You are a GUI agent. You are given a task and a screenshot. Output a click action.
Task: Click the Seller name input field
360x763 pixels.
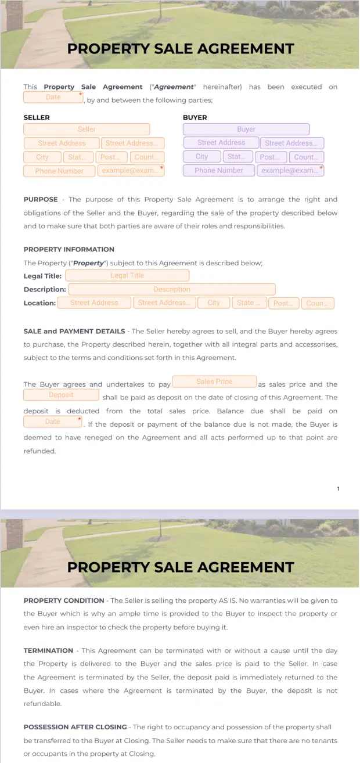click(87, 129)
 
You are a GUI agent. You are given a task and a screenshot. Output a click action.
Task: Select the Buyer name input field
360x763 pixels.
click(246, 129)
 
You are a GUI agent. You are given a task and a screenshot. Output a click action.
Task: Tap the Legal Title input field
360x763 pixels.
click(127, 276)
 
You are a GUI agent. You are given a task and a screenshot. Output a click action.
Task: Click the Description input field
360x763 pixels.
click(171, 289)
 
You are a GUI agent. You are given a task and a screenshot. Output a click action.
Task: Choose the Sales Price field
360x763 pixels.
click(214, 382)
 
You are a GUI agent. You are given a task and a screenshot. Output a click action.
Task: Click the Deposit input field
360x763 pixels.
click(61, 395)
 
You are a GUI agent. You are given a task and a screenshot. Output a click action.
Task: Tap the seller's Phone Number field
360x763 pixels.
click(59, 171)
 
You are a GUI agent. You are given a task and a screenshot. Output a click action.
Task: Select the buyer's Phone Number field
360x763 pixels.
click(218, 171)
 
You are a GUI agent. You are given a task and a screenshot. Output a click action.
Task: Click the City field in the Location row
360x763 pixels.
click(214, 303)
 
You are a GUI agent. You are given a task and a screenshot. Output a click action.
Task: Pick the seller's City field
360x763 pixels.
click(42, 157)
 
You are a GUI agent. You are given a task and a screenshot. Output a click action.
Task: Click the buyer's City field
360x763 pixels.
click(201, 157)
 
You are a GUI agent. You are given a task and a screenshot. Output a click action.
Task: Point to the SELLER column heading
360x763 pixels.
click(37, 117)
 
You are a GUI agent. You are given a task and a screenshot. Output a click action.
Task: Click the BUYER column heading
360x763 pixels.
click(195, 117)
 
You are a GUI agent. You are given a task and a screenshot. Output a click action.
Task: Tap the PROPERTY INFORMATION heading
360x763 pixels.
click(69, 249)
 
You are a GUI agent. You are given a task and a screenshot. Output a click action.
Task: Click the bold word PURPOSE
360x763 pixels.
click(41, 199)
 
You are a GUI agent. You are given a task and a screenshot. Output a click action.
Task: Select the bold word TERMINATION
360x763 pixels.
click(48, 650)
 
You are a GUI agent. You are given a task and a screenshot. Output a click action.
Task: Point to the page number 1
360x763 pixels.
click(339, 489)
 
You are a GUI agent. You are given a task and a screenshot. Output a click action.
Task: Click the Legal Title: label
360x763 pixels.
click(42, 276)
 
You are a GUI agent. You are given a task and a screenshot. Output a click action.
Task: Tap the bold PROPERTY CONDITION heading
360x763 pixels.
click(64, 600)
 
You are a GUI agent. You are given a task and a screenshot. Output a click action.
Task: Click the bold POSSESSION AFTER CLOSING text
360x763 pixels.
click(75, 727)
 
